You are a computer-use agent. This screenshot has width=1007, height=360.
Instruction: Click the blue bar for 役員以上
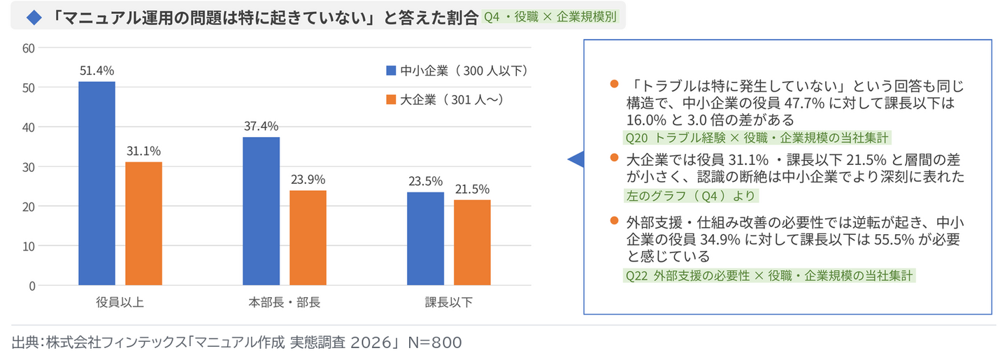tap(97, 183)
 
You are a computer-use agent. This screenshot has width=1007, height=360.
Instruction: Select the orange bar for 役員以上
tap(143, 224)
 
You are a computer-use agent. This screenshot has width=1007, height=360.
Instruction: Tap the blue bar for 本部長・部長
tap(262, 211)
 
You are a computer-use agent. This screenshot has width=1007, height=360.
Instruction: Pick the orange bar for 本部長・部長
tap(308, 238)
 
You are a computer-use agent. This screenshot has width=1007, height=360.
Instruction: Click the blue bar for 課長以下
tap(425, 238)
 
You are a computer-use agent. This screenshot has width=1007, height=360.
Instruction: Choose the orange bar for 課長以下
tap(472, 243)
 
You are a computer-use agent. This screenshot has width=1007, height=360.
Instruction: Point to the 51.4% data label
tap(97, 71)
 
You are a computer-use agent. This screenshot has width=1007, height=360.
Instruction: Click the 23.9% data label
tap(308, 180)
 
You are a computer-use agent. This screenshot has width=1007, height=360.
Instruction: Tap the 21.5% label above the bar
tap(472, 189)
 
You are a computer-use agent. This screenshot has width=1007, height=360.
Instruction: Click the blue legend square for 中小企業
tap(391, 71)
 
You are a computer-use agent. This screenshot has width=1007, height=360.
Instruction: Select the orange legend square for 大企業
tap(391, 99)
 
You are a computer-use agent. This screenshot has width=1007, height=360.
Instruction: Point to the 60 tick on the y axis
tap(28, 48)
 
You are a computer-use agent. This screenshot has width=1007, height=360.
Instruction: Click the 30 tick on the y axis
tap(28, 167)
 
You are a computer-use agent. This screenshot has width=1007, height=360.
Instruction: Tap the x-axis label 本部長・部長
tap(284, 302)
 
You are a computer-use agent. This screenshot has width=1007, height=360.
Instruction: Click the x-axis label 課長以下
tap(449, 302)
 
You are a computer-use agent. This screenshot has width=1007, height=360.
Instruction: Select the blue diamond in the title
tap(34, 17)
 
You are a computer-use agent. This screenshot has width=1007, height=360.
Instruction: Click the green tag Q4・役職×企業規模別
tap(550, 17)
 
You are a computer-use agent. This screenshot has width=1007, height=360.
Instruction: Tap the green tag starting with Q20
tap(757, 138)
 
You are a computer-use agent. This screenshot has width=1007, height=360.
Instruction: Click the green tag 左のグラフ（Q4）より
tap(691, 196)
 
